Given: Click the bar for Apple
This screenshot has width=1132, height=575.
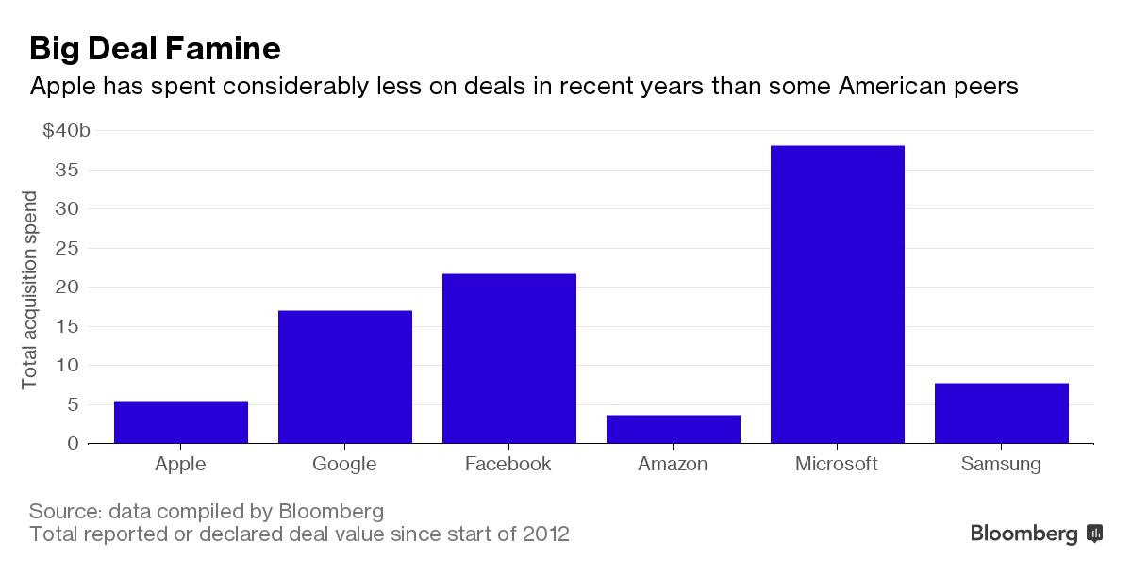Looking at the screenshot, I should click(x=181, y=422).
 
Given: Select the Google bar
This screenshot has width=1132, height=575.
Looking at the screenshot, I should click(x=345, y=377).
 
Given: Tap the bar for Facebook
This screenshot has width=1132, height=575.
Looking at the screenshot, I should click(x=509, y=358).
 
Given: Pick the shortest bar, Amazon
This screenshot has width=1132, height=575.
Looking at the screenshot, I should click(x=674, y=429).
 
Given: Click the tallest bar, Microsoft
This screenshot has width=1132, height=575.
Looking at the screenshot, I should click(x=838, y=294).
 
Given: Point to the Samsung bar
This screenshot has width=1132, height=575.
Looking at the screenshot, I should click(x=1002, y=413).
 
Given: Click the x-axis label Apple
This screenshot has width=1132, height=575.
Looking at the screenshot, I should click(x=179, y=464).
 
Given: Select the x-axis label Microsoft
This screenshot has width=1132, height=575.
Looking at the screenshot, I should click(x=837, y=464).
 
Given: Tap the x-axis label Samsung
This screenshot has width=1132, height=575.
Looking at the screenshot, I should click(x=1001, y=464).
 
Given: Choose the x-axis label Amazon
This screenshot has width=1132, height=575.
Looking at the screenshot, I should click(x=673, y=464).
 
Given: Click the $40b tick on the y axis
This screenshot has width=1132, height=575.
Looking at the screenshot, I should click(x=67, y=131).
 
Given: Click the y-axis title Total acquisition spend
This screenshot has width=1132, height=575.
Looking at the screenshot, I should click(x=30, y=289).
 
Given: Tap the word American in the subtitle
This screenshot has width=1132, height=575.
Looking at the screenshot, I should click(x=883, y=87).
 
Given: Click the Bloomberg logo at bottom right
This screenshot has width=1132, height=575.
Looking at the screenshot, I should click(x=1037, y=534).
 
